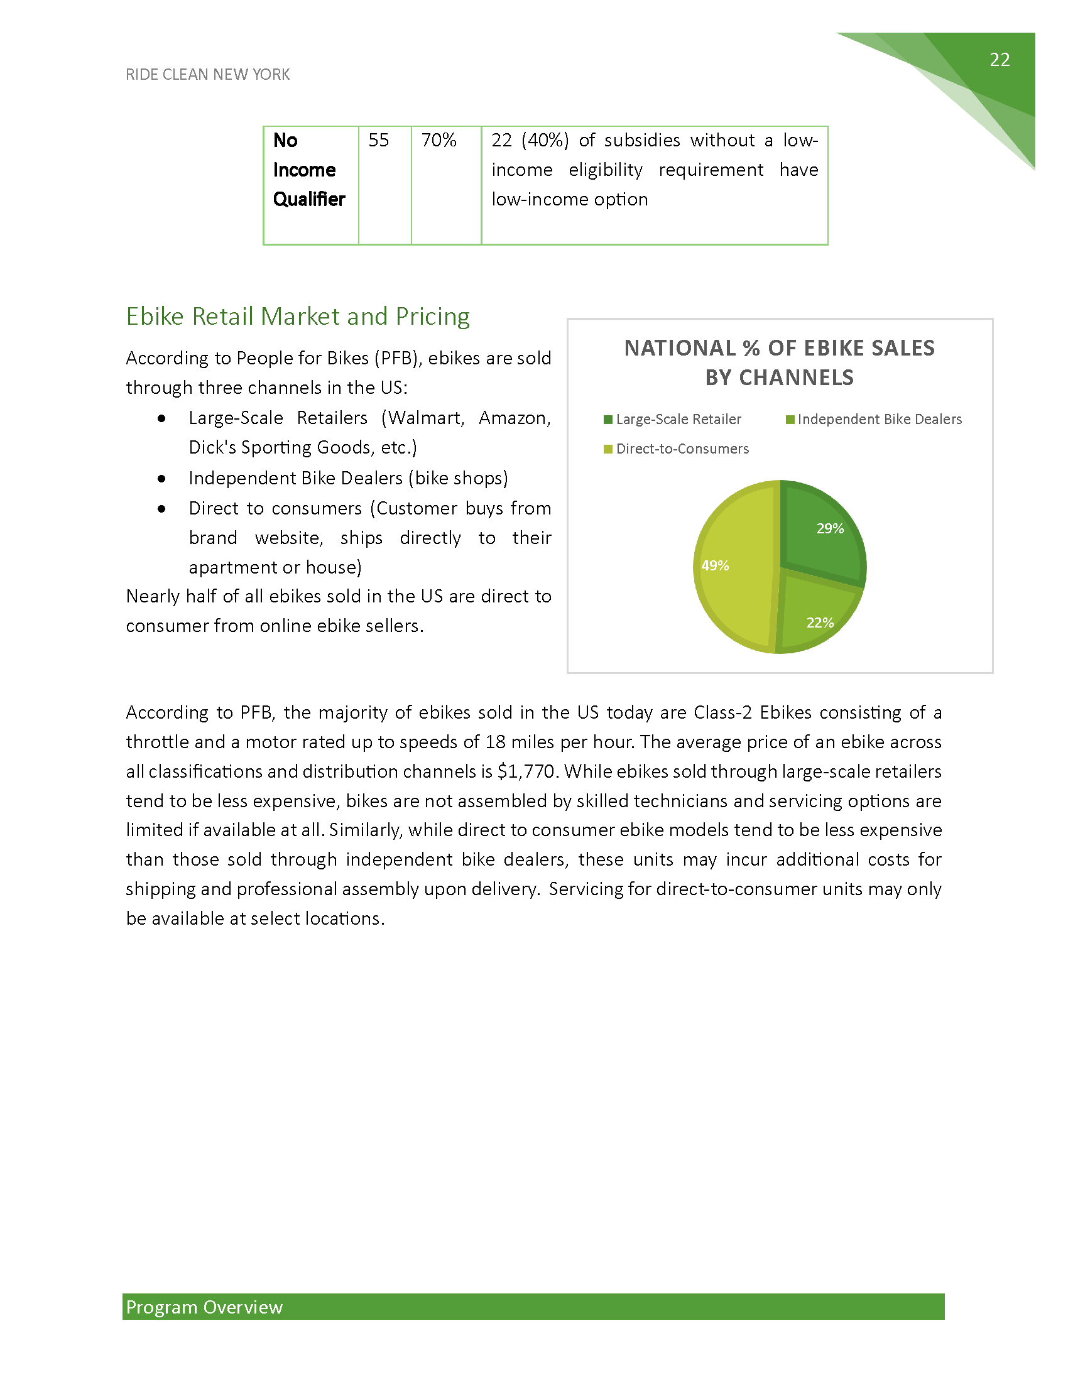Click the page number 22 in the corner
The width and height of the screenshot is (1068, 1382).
coord(999,60)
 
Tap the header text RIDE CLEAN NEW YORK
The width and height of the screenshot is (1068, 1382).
coord(207,75)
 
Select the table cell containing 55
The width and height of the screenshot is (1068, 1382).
coord(379,141)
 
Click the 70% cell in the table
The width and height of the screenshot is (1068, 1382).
coord(439,141)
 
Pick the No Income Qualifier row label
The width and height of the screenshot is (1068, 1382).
coord(308,170)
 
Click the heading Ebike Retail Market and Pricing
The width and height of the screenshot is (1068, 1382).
coord(297,317)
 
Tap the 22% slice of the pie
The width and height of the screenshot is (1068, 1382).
coord(816,620)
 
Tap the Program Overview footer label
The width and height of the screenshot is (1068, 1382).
coord(204,1307)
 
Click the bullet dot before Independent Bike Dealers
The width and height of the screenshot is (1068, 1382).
coord(162,479)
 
